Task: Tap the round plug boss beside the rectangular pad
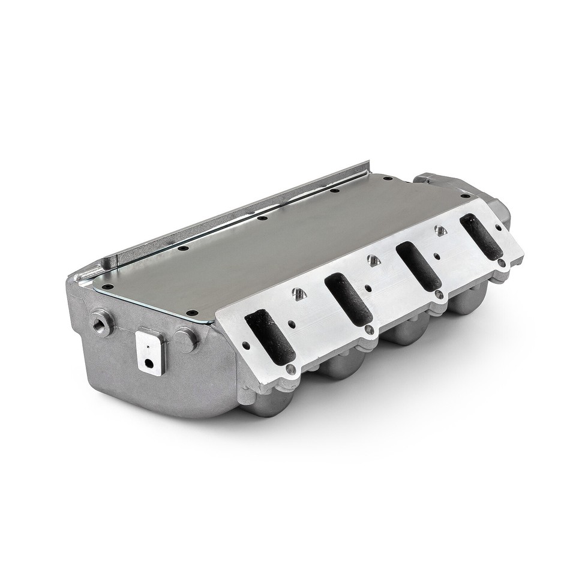pyautogui.click(x=185, y=340)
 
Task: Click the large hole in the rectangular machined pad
pyautogui.click(x=147, y=362)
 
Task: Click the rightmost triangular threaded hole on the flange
pyautogui.click(x=440, y=229)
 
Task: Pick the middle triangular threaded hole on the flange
pyautogui.click(x=372, y=259)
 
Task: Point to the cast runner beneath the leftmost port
pyautogui.click(x=277, y=401)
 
